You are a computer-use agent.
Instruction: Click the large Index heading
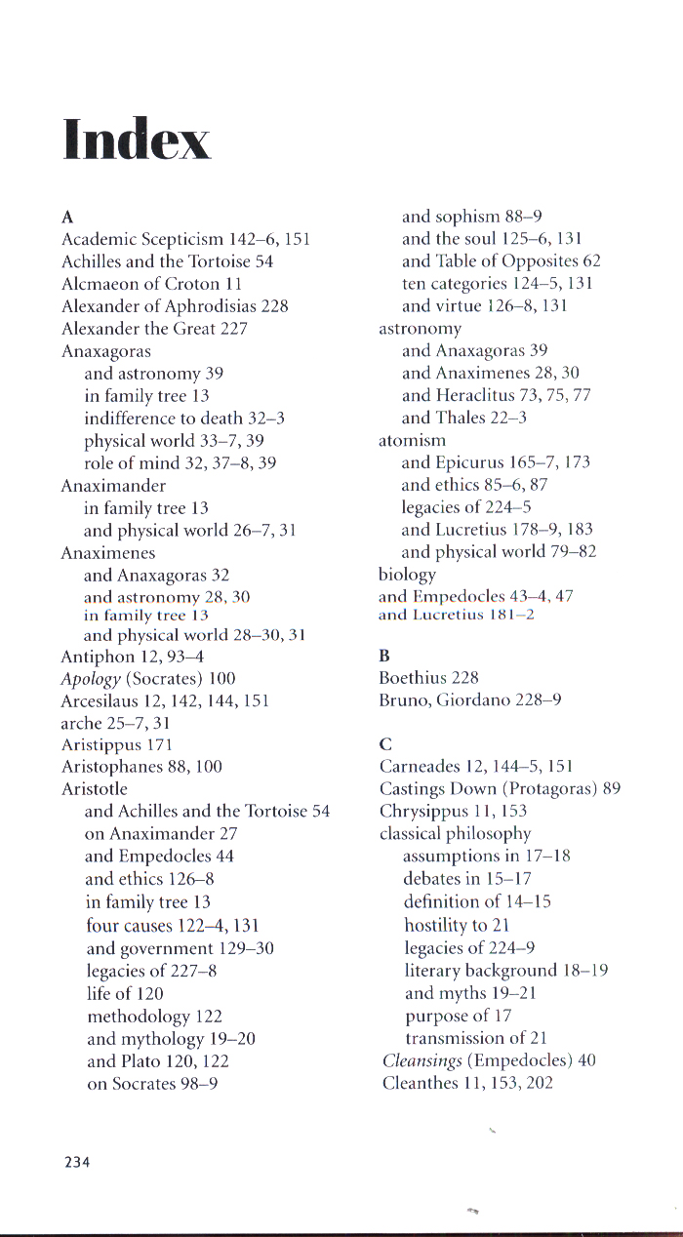(137, 139)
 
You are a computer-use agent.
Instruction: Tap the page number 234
(76, 1162)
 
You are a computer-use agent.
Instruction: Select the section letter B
(384, 656)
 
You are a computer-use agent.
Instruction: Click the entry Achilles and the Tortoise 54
(167, 261)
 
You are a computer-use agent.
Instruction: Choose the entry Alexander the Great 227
(154, 329)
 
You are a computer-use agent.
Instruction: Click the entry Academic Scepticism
(185, 239)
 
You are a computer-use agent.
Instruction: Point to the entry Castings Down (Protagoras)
(500, 789)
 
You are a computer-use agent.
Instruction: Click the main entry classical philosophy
(455, 834)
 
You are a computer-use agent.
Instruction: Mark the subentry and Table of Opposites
(501, 261)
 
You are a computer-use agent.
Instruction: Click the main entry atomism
(412, 441)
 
